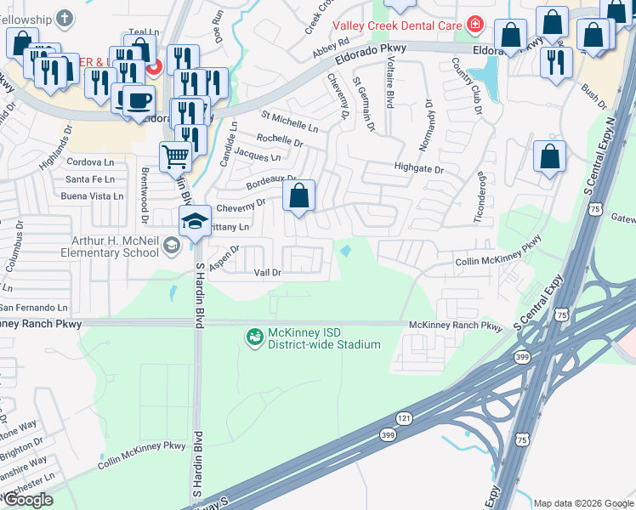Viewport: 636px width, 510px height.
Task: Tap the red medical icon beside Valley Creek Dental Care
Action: [x=474, y=25]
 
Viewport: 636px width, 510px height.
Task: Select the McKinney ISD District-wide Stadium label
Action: [x=324, y=337]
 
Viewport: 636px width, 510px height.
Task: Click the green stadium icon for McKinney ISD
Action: [x=254, y=337]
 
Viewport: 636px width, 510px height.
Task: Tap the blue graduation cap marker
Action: [x=195, y=222]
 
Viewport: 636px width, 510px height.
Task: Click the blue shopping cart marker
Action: [x=175, y=156]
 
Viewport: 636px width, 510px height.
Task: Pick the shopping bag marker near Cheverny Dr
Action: [x=299, y=196]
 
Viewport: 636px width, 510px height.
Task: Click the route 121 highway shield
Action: [x=403, y=419]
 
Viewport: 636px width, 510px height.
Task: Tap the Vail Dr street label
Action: [x=267, y=272]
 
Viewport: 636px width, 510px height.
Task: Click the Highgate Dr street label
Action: [x=418, y=169]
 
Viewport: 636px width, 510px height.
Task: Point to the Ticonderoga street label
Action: [x=481, y=196]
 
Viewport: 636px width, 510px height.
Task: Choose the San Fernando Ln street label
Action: [x=33, y=307]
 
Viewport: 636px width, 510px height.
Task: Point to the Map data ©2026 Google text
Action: [x=582, y=503]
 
